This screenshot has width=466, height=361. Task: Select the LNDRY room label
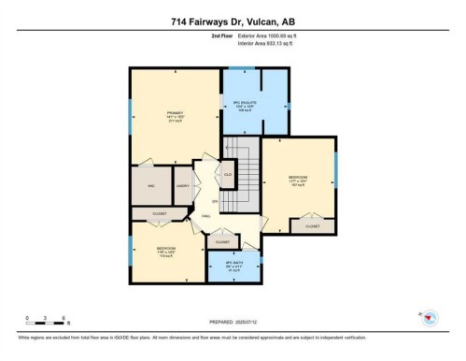point(183,185)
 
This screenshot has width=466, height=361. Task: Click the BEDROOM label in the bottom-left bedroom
point(168,249)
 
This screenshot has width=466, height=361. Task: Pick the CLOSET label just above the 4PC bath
point(222,242)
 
